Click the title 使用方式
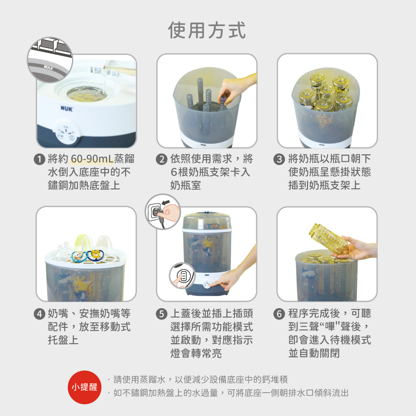pos(207,30)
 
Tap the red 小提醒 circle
pos(84,387)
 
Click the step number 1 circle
pos(40,159)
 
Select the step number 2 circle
pos(161,159)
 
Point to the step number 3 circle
pos(279,159)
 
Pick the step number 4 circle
pos(40,314)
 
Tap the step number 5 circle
pos(161,314)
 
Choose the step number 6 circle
pos(279,314)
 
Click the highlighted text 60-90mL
pos(92,159)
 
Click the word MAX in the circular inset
pos(49,67)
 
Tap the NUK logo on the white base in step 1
pos(67,109)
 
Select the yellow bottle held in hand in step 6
pos(328,239)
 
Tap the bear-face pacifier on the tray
pos(79,256)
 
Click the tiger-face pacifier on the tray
pos(96,254)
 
